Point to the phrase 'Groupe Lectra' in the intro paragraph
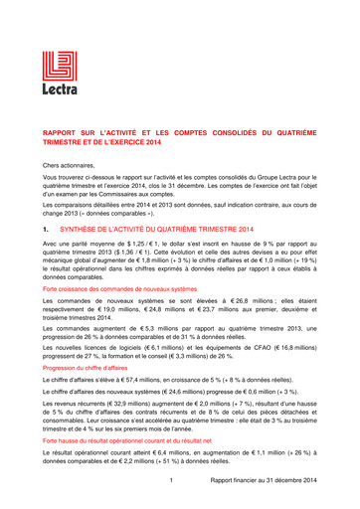(x=274, y=177)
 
